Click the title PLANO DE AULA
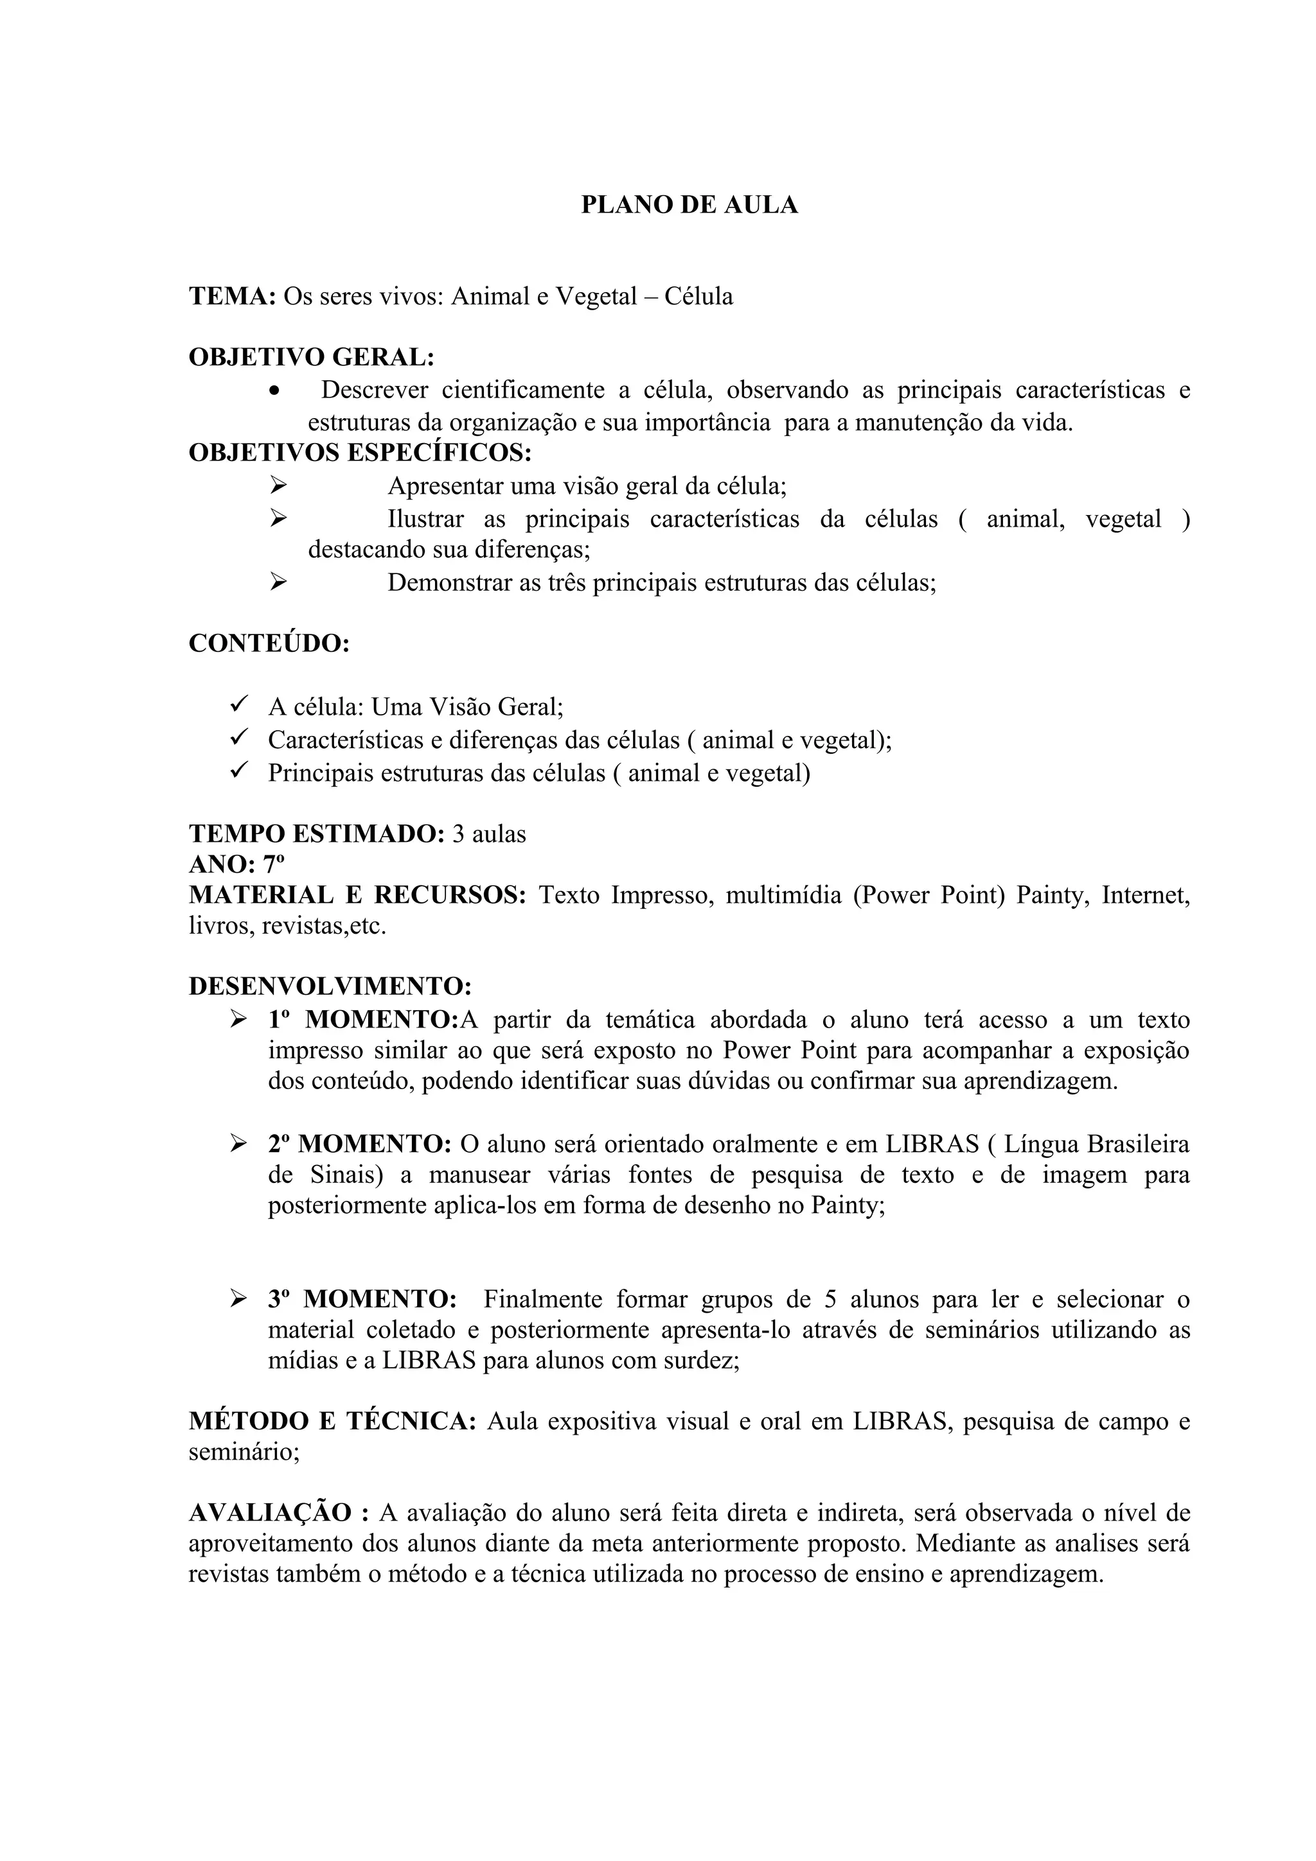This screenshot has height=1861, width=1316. [x=689, y=205]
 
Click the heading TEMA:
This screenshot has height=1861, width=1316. [x=233, y=297]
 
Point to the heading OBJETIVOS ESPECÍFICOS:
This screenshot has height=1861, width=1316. [x=360, y=452]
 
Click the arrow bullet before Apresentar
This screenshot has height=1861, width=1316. [x=278, y=485]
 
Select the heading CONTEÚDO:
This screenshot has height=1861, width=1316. [x=269, y=643]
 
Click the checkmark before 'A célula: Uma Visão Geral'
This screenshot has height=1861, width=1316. [x=238, y=705]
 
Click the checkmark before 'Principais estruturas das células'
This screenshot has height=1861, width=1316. [x=238, y=770]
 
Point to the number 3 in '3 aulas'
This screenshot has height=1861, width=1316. [x=458, y=834]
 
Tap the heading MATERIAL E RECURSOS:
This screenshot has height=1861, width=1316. [x=357, y=896]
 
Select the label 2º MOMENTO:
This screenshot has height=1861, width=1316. [x=359, y=1144]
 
